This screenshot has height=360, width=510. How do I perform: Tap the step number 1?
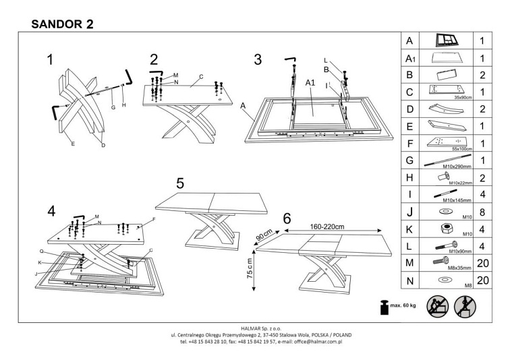pos(50,60)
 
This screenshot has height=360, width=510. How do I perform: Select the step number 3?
pos(258,59)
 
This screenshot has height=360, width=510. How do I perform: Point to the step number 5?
pos(179,183)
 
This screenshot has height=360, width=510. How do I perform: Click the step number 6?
pos(287,218)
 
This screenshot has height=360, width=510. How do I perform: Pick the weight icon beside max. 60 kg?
pos(382,307)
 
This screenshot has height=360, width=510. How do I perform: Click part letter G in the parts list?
pos(409,160)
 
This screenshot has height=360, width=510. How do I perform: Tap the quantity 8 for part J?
pos(482,213)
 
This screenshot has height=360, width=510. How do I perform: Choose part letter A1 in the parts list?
pos(409,59)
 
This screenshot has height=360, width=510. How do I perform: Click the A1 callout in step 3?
pos(311,83)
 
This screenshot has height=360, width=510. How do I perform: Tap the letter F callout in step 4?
pos(154,220)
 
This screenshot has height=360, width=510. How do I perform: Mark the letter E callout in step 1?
pos(72,144)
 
